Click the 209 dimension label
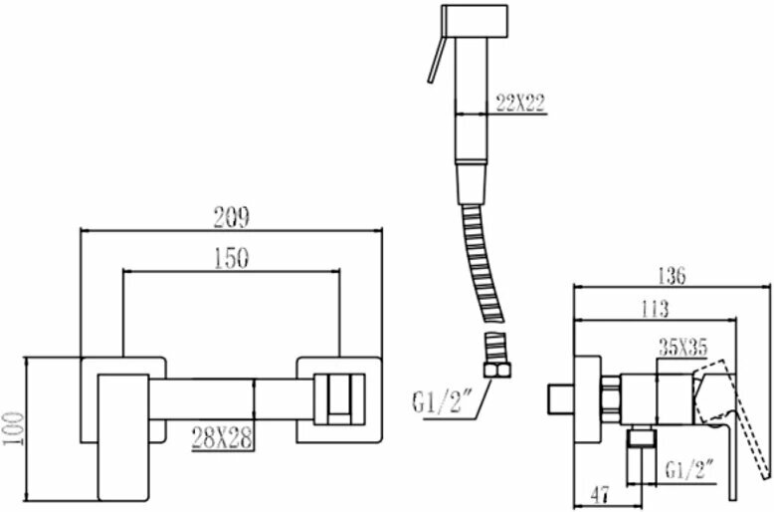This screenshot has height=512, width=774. point(231,215)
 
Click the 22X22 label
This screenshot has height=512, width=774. point(519,101)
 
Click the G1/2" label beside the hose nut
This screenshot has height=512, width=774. point(443,403)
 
